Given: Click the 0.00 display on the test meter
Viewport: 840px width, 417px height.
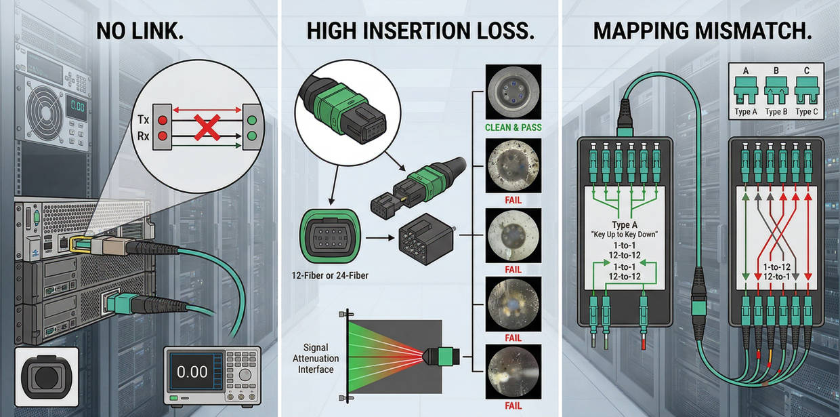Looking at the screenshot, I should pos(192,371).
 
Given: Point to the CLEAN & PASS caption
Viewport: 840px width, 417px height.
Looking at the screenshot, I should pos(513,127).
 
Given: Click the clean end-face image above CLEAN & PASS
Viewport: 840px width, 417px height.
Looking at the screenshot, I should pos(513,93).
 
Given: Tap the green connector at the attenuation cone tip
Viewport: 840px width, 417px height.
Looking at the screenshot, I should pos(446,355).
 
